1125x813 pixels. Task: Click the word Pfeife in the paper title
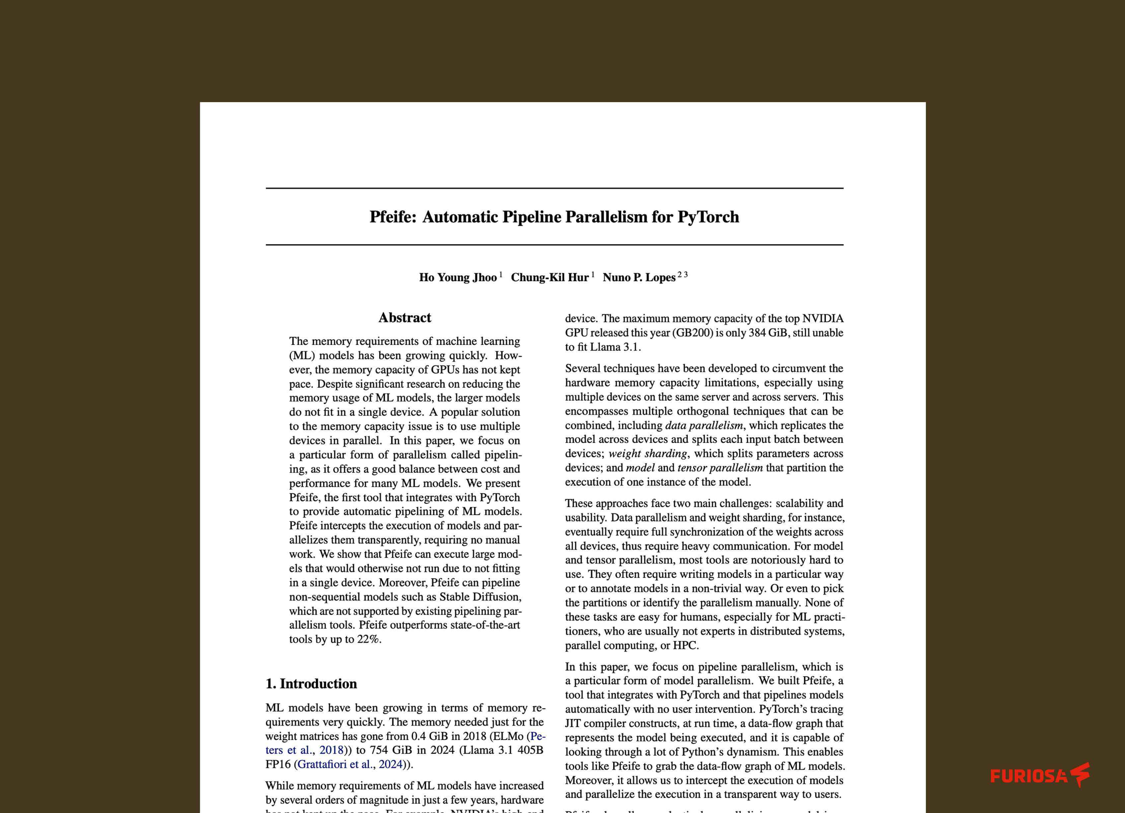click(392, 217)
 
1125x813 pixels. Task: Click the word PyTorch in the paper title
click(708, 217)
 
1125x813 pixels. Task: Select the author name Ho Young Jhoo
click(457, 278)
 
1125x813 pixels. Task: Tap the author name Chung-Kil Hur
click(550, 278)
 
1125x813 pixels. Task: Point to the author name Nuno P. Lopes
click(639, 278)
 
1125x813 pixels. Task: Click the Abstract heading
click(405, 318)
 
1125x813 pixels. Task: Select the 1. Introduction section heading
click(311, 684)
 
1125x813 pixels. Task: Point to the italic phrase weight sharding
click(648, 454)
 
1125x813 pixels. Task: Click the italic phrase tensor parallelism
click(720, 468)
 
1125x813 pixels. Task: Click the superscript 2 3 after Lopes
click(683, 275)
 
